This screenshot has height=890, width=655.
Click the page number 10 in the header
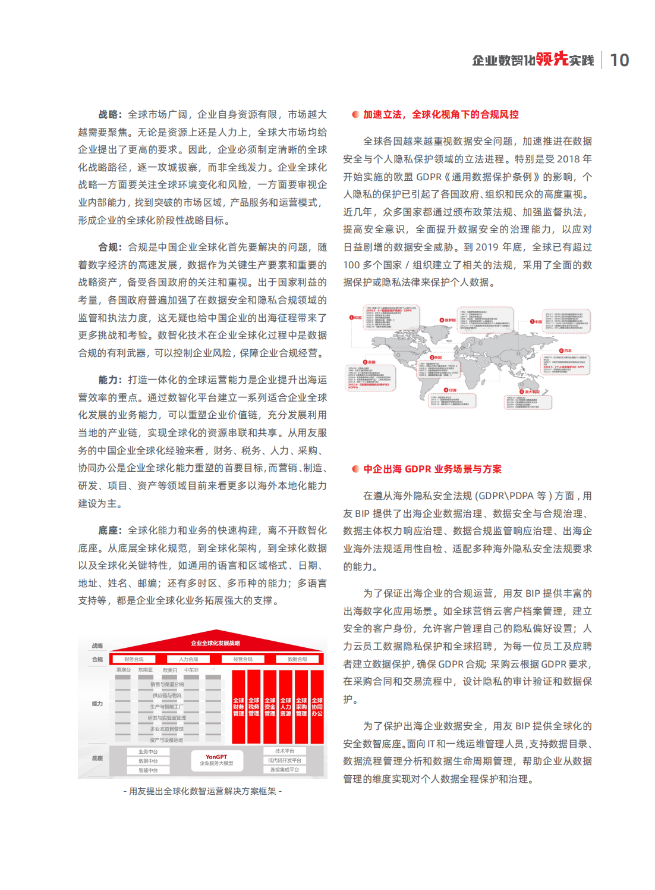pyautogui.click(x=619, y=60)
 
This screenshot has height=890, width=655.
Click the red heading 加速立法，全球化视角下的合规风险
pyautogui.click(x=440, y=114)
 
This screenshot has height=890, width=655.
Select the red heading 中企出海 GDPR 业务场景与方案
pyautogui.click(x=432, y=469)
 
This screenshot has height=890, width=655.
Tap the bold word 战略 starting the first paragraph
pyautogui.click(x=109, y=114)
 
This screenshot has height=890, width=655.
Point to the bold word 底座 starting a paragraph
pyautogui.click(x=109, y=530)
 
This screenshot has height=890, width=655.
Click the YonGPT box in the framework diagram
pyautogui.click(x=216, y=760)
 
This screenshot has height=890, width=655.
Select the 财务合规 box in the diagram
pyautogui.click(x=134, y=659)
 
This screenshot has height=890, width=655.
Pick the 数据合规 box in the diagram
pyautogui.click(x=297, y=659)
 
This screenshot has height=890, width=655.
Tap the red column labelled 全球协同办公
pyautogui.click(x=317, y=707)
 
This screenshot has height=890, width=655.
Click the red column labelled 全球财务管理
pyautogui.click(x=238, y=707)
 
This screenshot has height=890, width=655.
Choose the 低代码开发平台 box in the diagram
pyautogui.click(x=285, y=760)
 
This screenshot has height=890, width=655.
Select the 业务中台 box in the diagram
pyautogui.click(x=148, y=751)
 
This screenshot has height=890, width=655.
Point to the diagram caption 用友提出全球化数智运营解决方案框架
pyautogui.click(x=202, y=791)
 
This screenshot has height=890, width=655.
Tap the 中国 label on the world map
pyautogui.click(x=537, y=322)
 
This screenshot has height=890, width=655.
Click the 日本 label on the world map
pyautogui.click(x=566, y=351)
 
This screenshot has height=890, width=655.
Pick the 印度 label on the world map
pyautogui.click(x=451, y=390)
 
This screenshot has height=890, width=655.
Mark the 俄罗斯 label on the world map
pyautogui.click(x=448, y=320)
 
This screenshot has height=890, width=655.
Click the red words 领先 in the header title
pyautogui.click(x=552, y=59)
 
